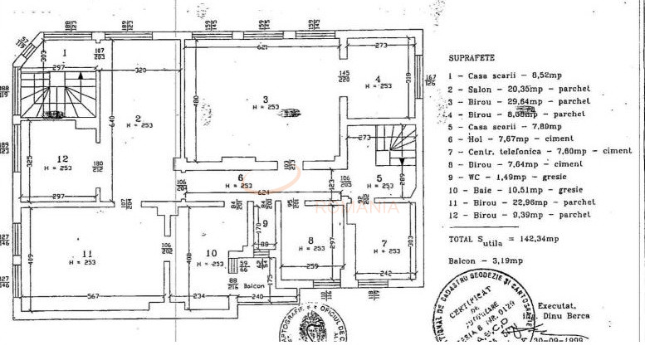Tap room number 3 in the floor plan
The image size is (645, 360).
266,99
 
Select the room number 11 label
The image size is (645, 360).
86,253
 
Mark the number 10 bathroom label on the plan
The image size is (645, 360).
210,253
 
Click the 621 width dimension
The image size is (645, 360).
262,47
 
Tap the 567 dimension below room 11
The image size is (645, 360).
94,296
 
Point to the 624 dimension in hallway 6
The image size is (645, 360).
240,192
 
